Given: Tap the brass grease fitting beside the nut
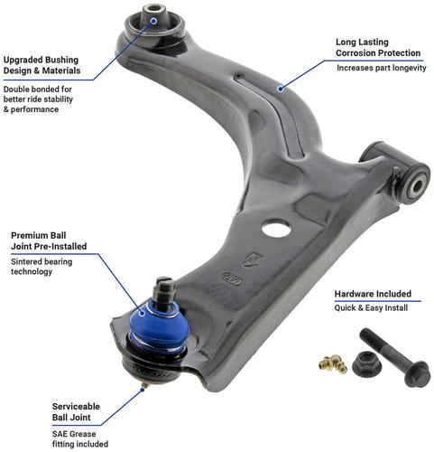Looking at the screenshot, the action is (x=333, y=363).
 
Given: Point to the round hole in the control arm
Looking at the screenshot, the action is (x=276, y=229).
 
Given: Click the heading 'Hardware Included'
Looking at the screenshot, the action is (x=373, y=294).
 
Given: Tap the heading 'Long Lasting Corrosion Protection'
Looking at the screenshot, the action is (x=378, y=47).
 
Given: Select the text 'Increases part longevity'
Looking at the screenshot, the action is (x=381, y=68).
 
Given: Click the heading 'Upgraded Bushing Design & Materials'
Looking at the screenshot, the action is (x=42, y=65).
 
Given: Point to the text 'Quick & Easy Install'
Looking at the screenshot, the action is (x=371, y=308).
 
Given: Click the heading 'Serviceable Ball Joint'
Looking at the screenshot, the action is (x=76, y=412).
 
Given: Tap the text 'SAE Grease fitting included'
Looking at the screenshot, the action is (x=80, y=438).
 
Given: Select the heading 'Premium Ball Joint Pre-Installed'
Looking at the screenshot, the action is (x=49, y=240).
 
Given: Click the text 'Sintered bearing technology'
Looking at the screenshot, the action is (x=42, y=267).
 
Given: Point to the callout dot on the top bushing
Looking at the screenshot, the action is (x=153, y=21).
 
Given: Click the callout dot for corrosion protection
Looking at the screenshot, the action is (x=281, y=89).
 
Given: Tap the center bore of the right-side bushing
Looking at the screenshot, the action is (x=419, y=185).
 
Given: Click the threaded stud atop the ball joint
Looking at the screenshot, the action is (x=163, y=290).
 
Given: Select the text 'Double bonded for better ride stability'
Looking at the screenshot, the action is (x=38, y=94).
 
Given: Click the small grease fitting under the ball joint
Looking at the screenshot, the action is (x=144, y=385).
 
